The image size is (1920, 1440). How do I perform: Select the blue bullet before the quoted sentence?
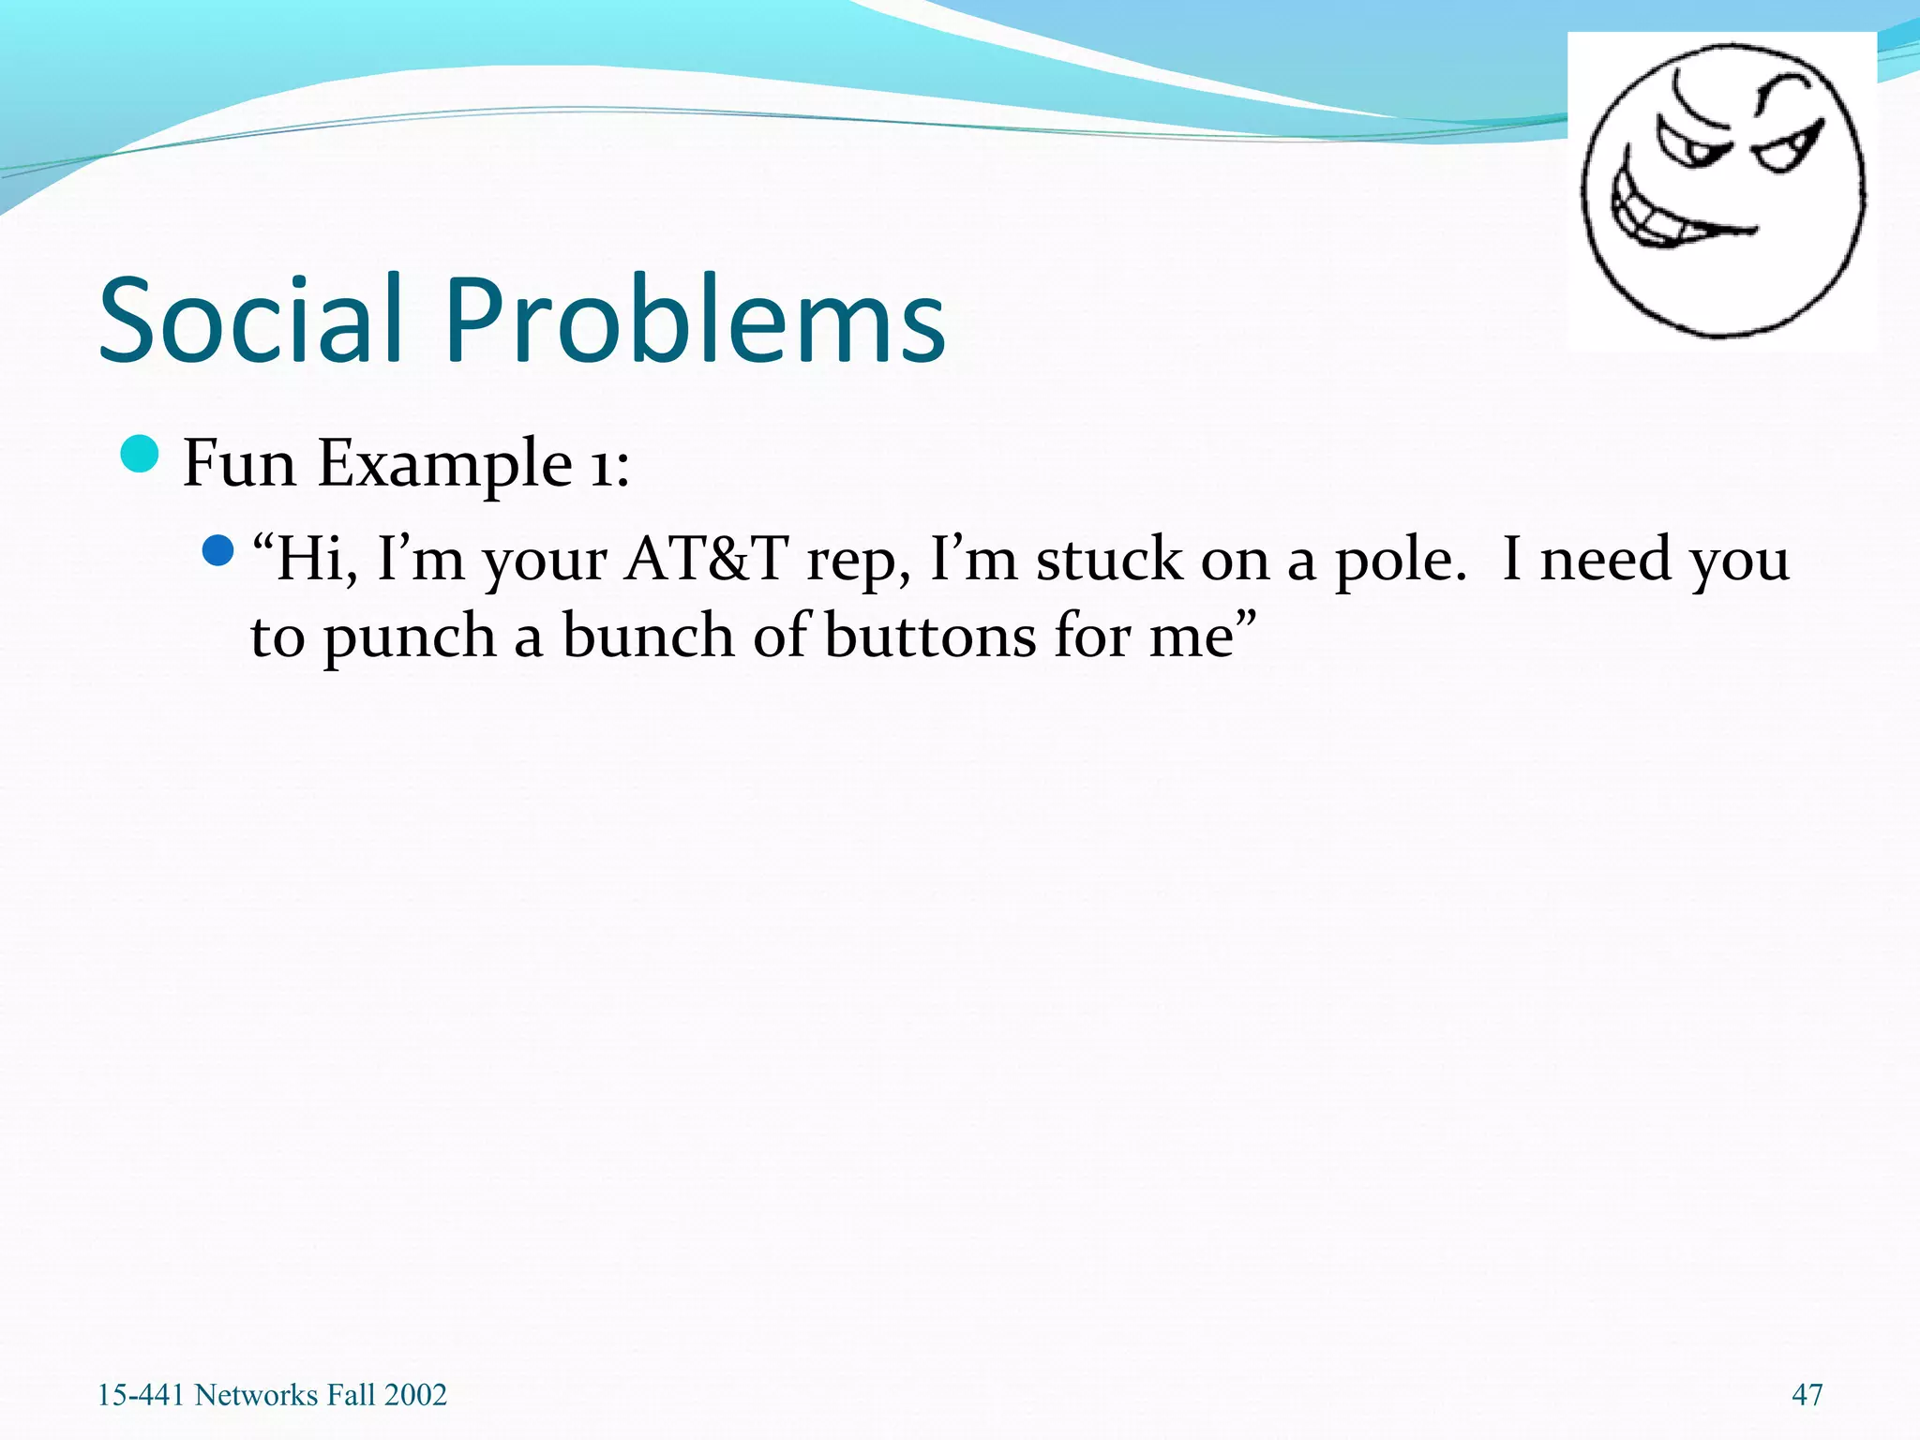coord(217,550)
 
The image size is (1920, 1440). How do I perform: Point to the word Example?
coord(444,464)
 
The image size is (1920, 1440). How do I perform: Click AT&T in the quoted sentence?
coord(706,560)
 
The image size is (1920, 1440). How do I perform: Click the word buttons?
coord(930,637)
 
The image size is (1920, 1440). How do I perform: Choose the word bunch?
coord(648,637)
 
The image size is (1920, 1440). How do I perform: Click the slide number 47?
coord(1807,1395)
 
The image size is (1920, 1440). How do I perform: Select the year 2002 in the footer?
coord(415,1395)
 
